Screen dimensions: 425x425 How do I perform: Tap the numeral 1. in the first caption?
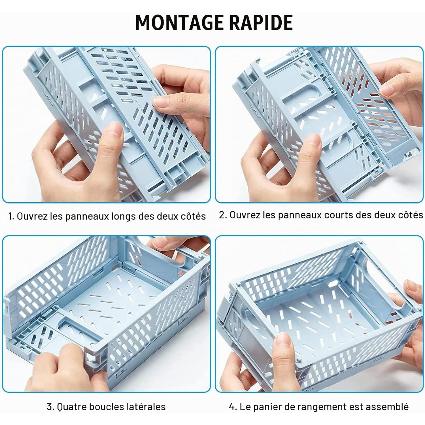click(x=11, y=216)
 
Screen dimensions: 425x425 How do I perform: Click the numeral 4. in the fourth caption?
click(x=233, y=407)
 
